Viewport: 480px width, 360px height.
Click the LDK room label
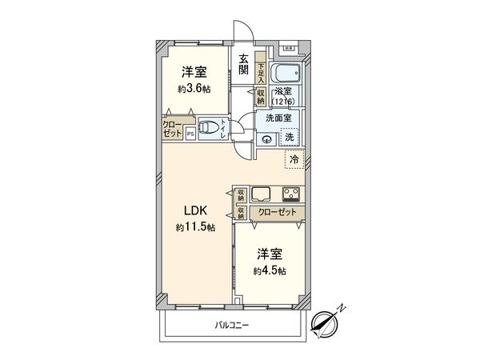click(x=196, y=211)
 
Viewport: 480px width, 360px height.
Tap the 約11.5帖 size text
click(x=196, y=228)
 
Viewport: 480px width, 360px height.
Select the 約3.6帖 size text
click(x=195, y=90)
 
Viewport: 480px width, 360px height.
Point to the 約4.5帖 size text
click(x=270, y=270)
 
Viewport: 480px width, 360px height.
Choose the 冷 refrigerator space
click(x=294, y=159)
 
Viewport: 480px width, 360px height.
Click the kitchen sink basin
click(x=262, y=194)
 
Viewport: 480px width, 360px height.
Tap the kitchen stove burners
click(x=290, y=194)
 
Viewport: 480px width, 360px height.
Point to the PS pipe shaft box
click(x=190, y=134)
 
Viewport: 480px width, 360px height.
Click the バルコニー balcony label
click(x=233, y=326)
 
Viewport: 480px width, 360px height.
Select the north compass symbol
click(x=328, y=322)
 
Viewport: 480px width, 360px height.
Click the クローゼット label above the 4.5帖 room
click(x=277, y=213)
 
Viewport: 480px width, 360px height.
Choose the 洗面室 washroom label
click(x=278, y=118)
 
